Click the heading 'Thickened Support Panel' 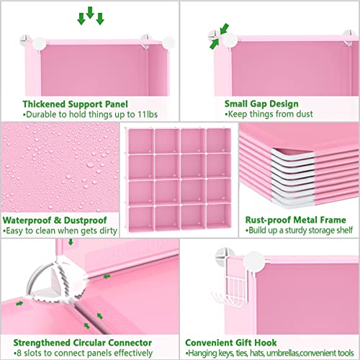pyautogui.click(x=75, y=104)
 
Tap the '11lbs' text pyautogui.click(x=148, y=114)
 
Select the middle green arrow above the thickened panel pyautogui.click(x=90, y=12)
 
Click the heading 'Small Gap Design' pyautogui.click(x=261, y=104)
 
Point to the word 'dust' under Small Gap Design pyautogui.click(x=305, y=114)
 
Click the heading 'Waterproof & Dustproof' pyautogui.click(x=55, y=220)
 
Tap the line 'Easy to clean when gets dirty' pyautogui.click(x=60, y=230)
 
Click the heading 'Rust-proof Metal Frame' pyautogui.click(x=295, y=220)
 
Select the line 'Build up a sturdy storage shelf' pyautogui.click(x=300, y=230)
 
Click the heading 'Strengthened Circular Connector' pyautogui.click(x=83, y=343)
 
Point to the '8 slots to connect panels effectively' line pyautogui.click(x=83, y=353)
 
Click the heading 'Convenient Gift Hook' pyautogui.click(x=231, y=343)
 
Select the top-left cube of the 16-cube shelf pyautogui.click(x=141, y=141)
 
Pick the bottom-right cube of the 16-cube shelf pyautogui.click(x=218, y=217)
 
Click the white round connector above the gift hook pyautogui.click(x=254, y=262)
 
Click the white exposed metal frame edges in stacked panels pyautogui.click(x=292, y=178)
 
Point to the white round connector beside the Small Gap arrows pyautogui.click(x=230, y=40)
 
